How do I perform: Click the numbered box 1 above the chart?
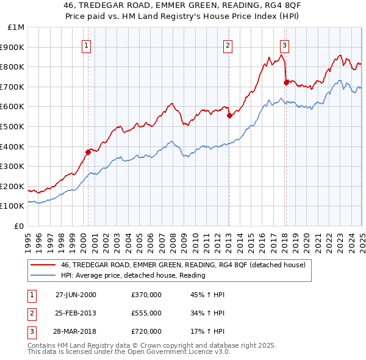pos(87,45)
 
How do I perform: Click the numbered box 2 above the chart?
pos(228,45)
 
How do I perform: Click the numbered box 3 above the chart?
pos(284,45)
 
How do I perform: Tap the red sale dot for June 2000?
pos(88,153)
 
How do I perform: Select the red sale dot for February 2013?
pos(229,115)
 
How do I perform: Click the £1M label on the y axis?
pos(16,27)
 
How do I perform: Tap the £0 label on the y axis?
pos(19,226)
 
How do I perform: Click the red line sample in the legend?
pos(43,265)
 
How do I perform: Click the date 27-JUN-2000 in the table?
pos(76,295)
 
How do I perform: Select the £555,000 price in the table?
pos(146,314)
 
